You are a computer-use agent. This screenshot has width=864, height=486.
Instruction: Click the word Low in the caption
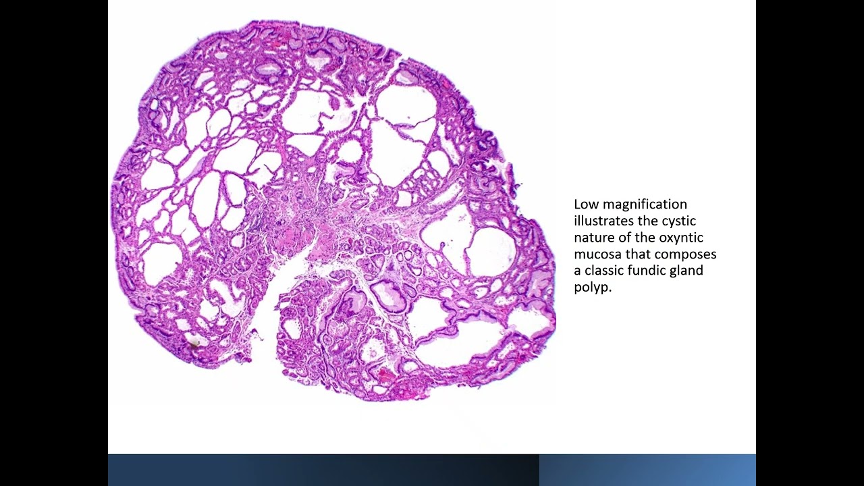click(x=587, y=204)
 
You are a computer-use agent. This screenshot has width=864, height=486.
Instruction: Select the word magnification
click(x=644, y=204)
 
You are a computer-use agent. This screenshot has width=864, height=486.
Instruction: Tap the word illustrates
click(x=603, y=221)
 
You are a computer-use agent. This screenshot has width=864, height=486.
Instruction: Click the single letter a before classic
click(x=578, y=271)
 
